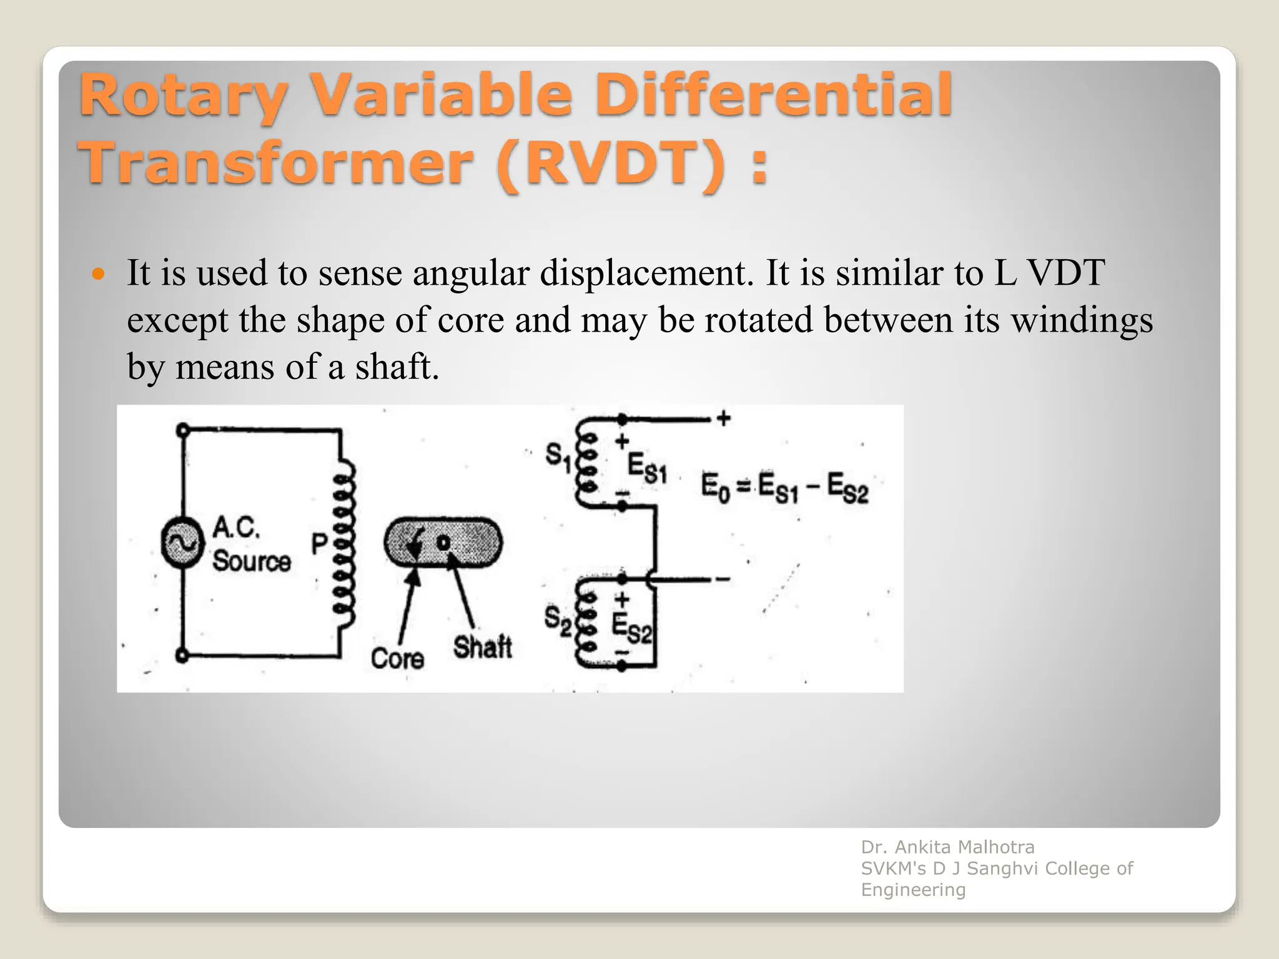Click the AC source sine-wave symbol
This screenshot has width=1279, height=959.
click(x=182, y=543)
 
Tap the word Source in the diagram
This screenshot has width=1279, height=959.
click(x=251, y=561)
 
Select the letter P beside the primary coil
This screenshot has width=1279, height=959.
click(x=319, y=544)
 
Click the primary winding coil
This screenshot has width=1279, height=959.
click(x=345, y=543)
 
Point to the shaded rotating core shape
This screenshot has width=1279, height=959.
click(x=443, y=543)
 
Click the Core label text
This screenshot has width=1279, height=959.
click(x=397, y=659)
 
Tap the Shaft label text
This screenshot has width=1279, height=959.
click(x=482, y=647)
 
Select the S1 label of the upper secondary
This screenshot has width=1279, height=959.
click(x=558, y=457)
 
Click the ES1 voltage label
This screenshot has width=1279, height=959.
click(x=647, y=468)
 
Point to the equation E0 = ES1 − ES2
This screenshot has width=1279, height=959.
click(x=784, y=488)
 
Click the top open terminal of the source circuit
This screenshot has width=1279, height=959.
click(x=182, y=430)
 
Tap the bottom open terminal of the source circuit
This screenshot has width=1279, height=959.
click(x=182, y=656)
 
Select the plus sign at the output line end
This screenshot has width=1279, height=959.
click(x=724, y=418)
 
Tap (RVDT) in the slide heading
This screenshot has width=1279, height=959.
click(x=612, y=164)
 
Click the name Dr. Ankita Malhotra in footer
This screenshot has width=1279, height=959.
click(x=947, y=847)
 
